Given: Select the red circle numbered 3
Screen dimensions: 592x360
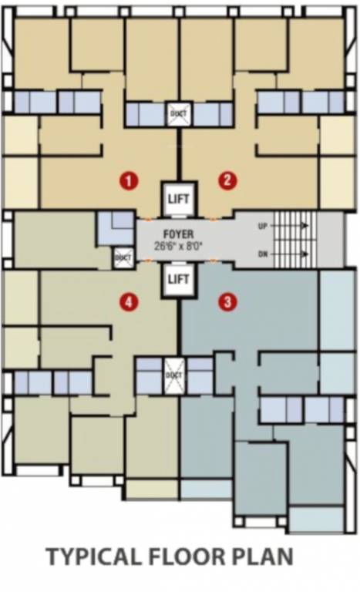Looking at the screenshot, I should click(226, 302).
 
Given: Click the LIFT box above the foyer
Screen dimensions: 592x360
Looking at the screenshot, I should click(178, 199).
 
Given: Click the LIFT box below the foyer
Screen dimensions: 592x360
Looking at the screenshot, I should click(178, 278).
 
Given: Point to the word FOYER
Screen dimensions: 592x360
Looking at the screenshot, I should click(178, 234).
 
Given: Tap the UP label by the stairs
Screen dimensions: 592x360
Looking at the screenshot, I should click(263, 225).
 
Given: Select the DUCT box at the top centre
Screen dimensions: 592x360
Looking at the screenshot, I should click(178, 114).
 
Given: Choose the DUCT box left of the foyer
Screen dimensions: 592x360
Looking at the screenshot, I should click(123, 257).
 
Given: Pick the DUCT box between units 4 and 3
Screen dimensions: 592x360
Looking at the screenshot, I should click(173, 375).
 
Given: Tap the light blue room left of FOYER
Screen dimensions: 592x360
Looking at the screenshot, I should click(113, 229).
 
